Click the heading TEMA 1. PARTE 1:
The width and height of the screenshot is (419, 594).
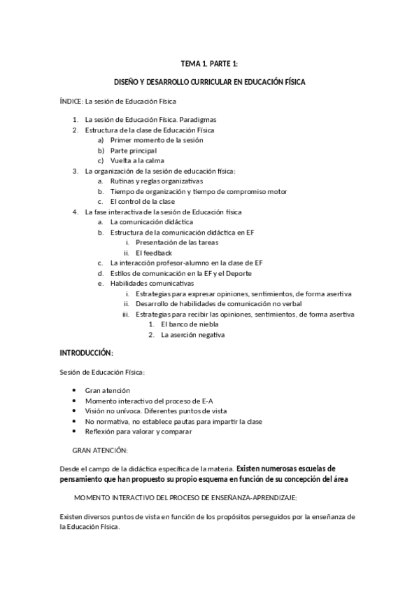(x=209, y=64)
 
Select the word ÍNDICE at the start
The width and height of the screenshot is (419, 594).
(x=71, y=102)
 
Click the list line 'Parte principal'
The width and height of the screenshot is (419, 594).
(x=133, y=151)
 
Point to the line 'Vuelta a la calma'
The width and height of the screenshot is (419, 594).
(x=137, y=161)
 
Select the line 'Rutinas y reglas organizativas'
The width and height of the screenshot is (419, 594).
(x=157, y=181)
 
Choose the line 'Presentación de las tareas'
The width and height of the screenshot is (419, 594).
(x=177, y=242)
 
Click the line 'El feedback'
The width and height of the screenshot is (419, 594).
(x=154, y=253)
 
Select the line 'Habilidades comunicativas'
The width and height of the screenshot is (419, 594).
(x=152, y=283)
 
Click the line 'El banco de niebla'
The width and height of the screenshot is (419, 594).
(x=189, y=324)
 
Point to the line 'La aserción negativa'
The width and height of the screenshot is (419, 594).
(x=192, y=335)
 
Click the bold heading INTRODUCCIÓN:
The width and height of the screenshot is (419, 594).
(x=87, y=352)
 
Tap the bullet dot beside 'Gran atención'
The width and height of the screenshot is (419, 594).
(x=76, y=390)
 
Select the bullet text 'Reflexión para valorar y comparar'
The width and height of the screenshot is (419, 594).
(x=139, y=431)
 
